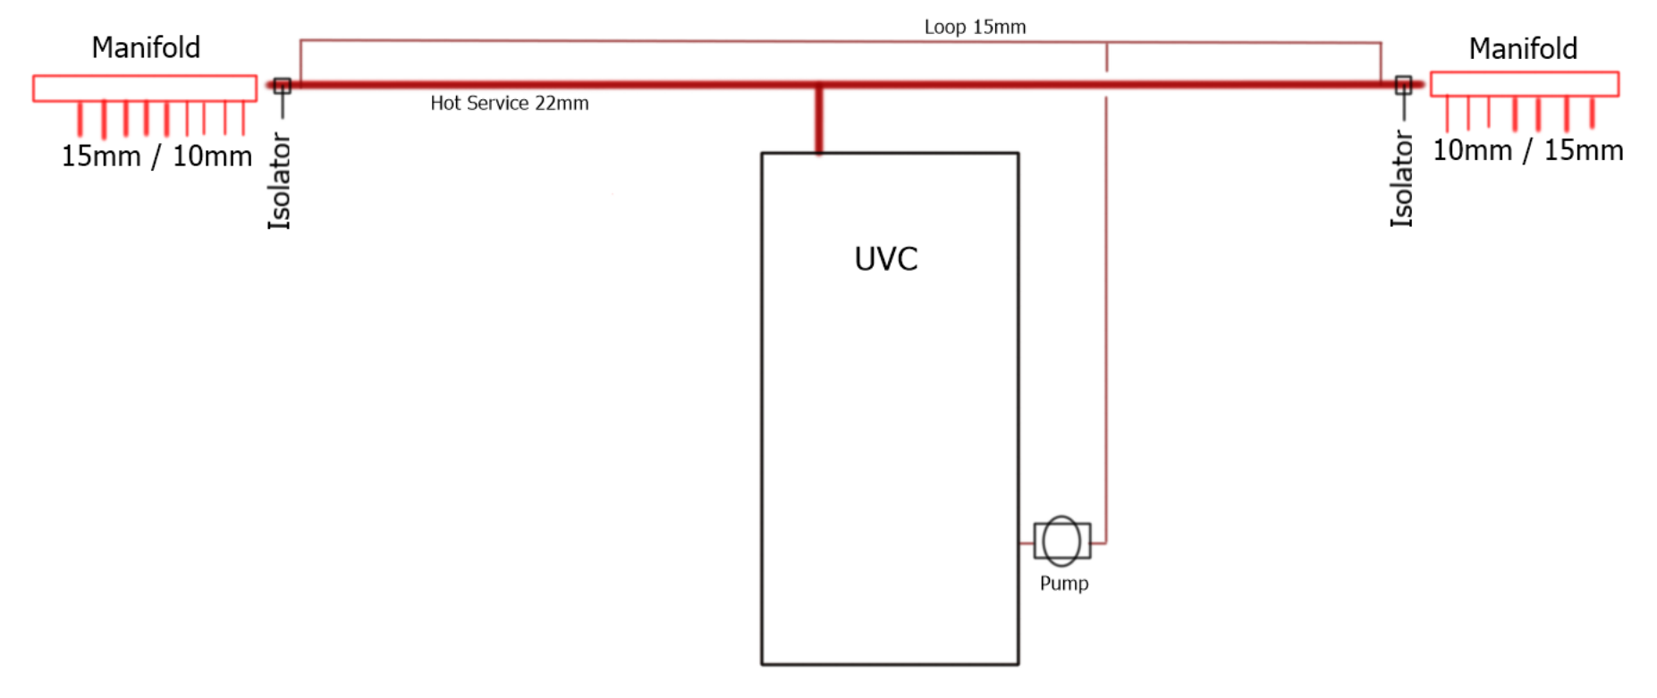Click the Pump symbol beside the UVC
(x=1061, y=541)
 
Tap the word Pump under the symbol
(x=1064, y=584)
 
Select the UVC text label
(x=885, y=259)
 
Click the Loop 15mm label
(x=975, y=27)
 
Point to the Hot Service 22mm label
(x=510, y=103)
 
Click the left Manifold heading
(x=146, y=47)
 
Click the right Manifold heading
(x=1523, y=48)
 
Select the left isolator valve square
(x=283, y=86)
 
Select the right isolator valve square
(x=1403, y=85)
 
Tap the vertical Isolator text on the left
(x=280, y=181)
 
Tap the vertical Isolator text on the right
(x=1401, y=179)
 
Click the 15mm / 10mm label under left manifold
(x=156, y=156)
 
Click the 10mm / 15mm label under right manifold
(x=1528, y=150)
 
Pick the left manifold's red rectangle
(x=145, y=76)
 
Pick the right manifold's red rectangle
(x=1525, y=72)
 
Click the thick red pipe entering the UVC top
(x=818, y=120)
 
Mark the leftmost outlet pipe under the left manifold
(x=80, y=119)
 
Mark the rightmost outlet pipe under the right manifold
(x=1593, y=113)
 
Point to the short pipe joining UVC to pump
(x=1027, y=542)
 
